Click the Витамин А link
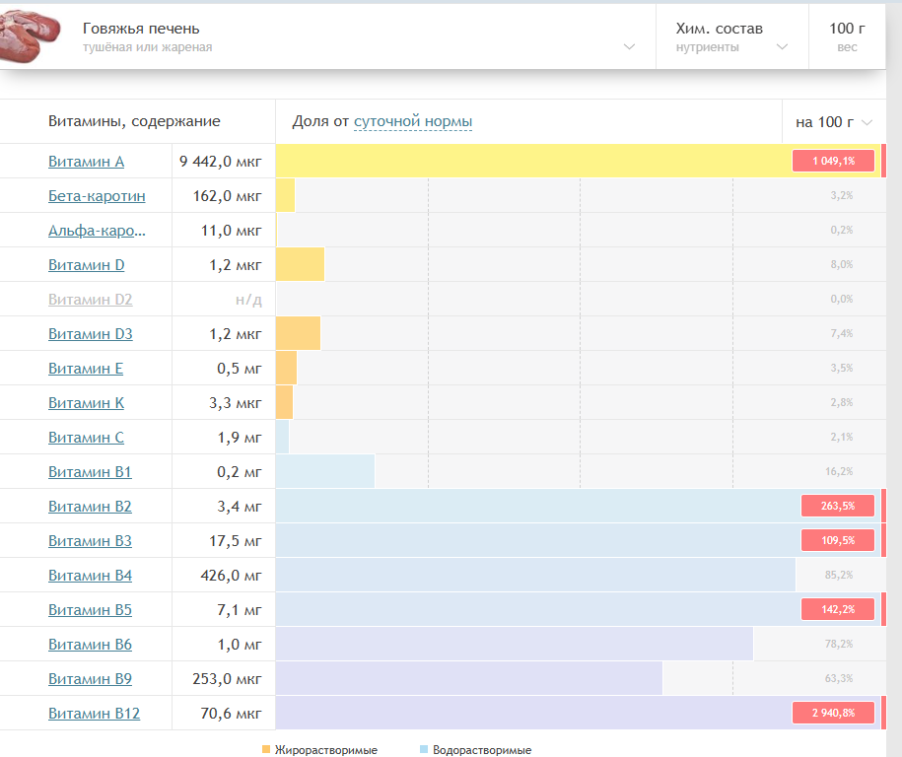click(x=87, y=162)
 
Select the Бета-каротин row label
click(x=97, y=196)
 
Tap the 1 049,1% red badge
click(x=834, y=161)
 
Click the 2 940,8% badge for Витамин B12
click(x=834, y=714)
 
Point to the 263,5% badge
click(x=838, y=507)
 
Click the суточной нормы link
click(x=413, y=121)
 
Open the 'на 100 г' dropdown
click(x=834, y=122)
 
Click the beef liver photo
click(x=29, y=34)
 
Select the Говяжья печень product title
click(x=141, y=29)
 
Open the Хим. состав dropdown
click(x=731, y=36)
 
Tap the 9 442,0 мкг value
click(x=220, y=162)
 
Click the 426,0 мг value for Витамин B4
click(x=231, y=576)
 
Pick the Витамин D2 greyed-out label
click(x=91, y=300)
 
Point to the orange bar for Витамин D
click(x=301, y=264)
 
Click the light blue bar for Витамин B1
click(x=325, y=472)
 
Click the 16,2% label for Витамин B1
click(x=839, y=472)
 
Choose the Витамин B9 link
click(x=90, y=679)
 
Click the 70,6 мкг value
click(x=231, y=714)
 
